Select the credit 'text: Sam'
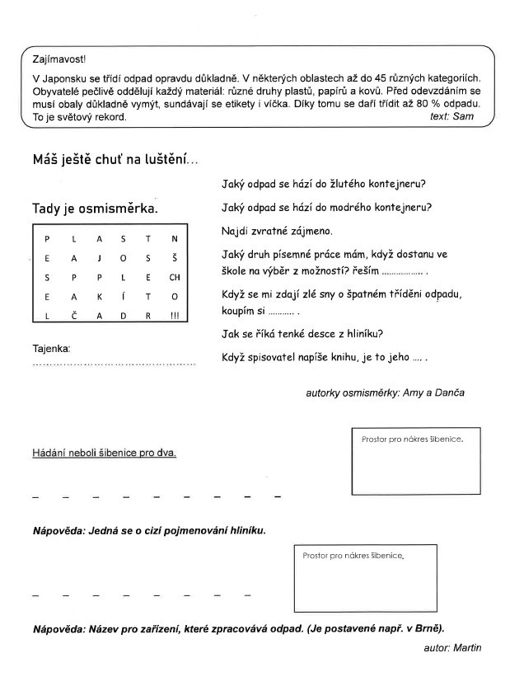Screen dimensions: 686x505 (x=451, y=116)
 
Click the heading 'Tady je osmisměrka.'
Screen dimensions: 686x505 (x=95, y=209)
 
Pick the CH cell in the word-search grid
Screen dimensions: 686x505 (x=175, y=277)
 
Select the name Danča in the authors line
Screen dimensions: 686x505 (x=449, y=392)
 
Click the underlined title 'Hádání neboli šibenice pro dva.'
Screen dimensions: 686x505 (x=105, y=453)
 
